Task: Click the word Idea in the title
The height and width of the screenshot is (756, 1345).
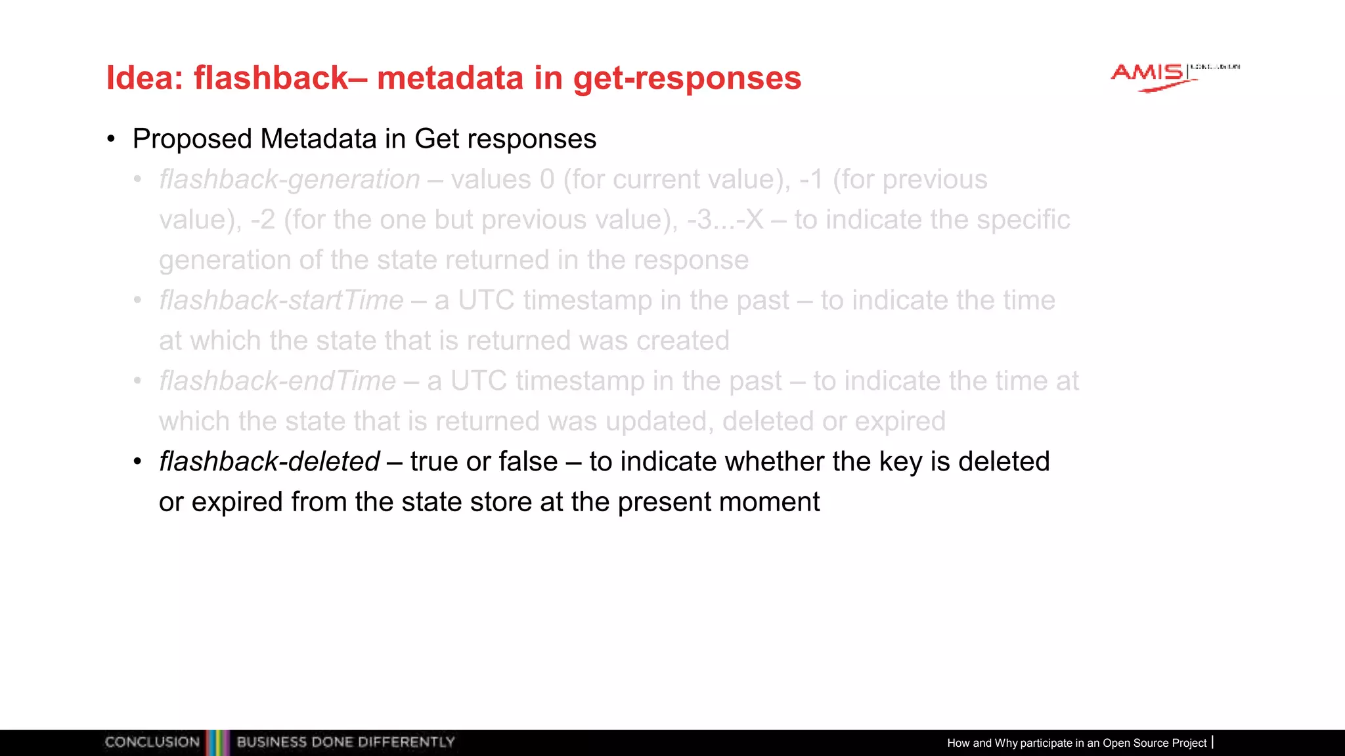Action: (143, 78)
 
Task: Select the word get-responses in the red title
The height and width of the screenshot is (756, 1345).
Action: (687, 78)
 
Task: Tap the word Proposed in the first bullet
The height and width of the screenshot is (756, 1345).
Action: (192, 139)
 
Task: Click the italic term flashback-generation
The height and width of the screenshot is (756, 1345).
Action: (290, 180)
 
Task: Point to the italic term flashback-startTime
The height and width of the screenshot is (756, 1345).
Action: (281, 301)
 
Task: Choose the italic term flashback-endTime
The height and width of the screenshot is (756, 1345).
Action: (277, 381)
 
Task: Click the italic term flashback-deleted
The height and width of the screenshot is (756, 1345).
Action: (269, 462)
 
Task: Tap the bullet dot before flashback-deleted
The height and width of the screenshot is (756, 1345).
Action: (137, 462)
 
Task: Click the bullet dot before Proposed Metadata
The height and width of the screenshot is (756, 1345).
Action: (111, 139)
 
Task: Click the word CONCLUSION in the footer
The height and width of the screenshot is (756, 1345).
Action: (152, 742)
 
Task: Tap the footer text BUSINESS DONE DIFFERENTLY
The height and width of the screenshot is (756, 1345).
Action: (345, 742)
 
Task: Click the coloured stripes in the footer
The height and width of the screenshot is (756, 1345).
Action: (218, 742)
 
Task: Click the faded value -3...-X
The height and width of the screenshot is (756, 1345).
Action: (725, 220)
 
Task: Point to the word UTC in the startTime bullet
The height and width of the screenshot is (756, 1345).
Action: (486, 301)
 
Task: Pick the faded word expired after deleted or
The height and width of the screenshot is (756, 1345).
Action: (900, 421)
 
